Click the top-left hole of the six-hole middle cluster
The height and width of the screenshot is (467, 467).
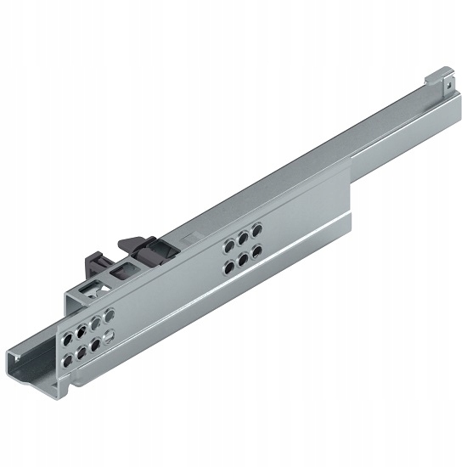[x=229, y=246]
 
